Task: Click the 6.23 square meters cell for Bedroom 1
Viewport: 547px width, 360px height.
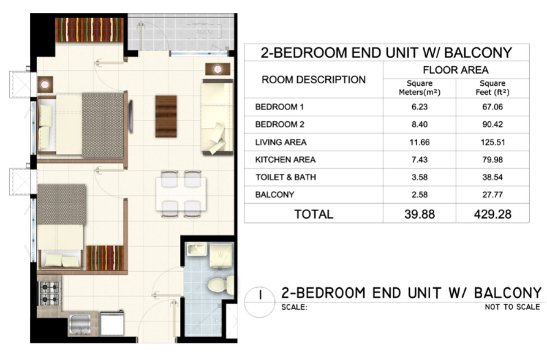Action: tap(420, 107)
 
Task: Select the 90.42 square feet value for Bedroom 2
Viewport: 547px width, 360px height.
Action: tap(492, 124)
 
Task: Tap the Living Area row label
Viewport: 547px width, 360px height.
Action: tap(281, 142)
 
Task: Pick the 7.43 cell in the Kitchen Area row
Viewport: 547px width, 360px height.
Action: tap(420, 160)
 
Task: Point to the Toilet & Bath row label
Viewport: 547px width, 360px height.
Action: tap(285, 177)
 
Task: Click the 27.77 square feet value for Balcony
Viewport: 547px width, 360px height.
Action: tap(492, 195)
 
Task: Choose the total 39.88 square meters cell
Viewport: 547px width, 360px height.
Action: tap(420, 214)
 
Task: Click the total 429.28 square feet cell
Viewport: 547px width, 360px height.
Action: tap(492, 214)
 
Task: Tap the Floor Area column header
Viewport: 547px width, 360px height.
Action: tap(456, 70)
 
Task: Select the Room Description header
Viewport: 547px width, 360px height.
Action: tap(314, 80)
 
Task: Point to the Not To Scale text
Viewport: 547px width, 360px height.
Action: tap(512, 307)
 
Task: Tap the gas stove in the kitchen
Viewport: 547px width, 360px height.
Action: tap(49, 293)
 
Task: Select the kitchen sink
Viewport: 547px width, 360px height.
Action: tap(80, 324)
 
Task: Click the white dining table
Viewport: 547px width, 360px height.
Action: tap(181, 194)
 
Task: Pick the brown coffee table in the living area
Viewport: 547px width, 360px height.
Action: tap(166, 116)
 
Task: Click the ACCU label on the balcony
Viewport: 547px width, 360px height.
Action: tap(204, 32)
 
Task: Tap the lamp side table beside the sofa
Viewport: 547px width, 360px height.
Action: tap(217, 69)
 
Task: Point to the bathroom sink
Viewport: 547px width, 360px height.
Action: tap(197, 250)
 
